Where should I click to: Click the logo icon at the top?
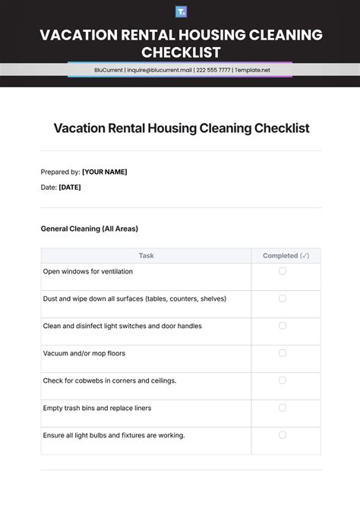point(181,11)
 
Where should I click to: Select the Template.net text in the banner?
point(252,70)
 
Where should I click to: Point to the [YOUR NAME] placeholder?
point(105,172)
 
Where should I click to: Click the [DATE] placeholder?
point(70,187)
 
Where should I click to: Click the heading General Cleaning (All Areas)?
point(89,229)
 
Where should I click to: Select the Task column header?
point(146,256)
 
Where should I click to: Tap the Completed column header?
point(286,256)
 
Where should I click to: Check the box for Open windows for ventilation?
point(283,271)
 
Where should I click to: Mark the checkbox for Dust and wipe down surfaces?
point(283,298)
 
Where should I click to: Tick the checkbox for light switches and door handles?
point(283,326)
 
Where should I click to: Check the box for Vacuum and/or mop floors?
point(283,353)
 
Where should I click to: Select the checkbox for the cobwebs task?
point(283,380)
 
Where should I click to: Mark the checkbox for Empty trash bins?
point(283,408)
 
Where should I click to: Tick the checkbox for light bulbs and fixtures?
point(283,435)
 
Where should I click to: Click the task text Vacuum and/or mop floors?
point(84,353)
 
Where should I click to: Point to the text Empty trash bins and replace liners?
point(97,408)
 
